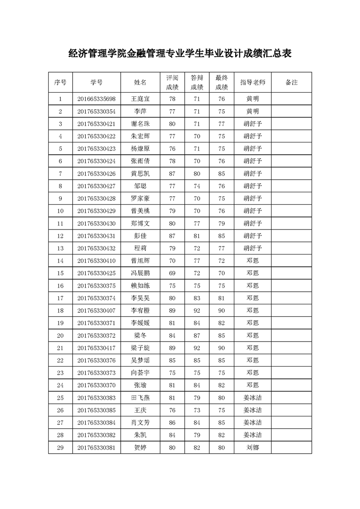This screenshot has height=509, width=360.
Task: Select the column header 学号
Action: pos(96,83)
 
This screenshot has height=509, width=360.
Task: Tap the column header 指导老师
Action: pos(252,83)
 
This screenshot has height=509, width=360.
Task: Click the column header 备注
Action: pos(291,83)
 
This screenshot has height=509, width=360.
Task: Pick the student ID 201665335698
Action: pos(96,99)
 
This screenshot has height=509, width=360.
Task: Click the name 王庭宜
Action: pos(140,99)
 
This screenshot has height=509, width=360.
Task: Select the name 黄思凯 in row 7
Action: pos(140,174)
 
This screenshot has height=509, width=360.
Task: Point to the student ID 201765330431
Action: pos(96,236)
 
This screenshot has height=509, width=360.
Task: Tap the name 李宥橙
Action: pos(140,311)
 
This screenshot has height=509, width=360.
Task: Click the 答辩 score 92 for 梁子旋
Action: pos(197,348)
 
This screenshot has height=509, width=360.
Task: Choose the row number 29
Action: pos(60,448)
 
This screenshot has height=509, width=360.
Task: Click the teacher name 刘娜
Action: pos(252,448)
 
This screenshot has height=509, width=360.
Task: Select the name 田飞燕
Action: pos(140,398)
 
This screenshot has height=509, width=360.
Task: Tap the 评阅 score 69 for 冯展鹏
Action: pos(172,273)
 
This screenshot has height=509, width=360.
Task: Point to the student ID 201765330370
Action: pos(96,386)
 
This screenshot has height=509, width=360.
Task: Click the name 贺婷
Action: pos(140,448)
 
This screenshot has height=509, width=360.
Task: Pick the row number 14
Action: pos(60,261)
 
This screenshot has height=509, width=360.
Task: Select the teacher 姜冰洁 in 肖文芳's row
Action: pos(252,423)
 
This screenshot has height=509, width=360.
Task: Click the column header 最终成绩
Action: pos(222,83)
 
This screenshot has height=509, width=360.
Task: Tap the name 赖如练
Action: pos(140,286)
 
